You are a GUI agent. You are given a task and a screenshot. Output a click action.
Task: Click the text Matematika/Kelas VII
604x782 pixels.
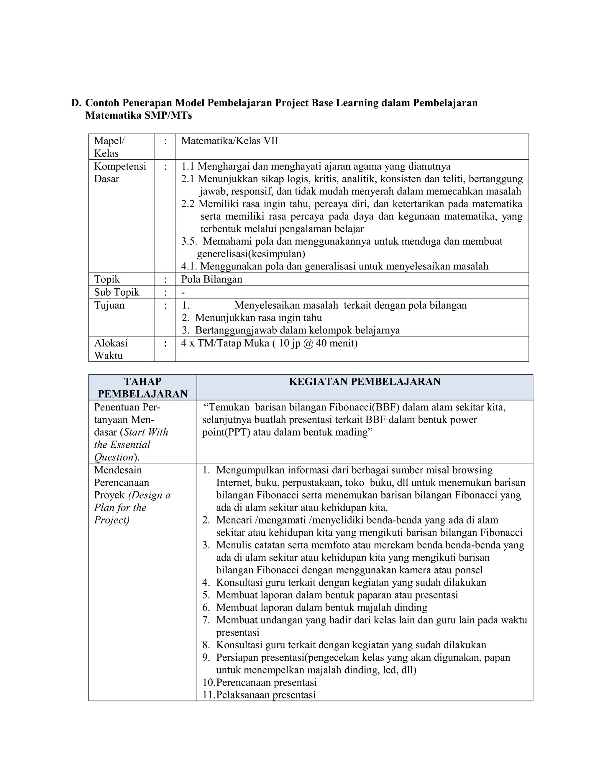click(x=229, y=141)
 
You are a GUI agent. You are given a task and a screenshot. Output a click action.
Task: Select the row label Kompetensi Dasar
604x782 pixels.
click(x=120, y=173)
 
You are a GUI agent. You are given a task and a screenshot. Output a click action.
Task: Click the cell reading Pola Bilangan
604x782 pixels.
click(x=211, y=279)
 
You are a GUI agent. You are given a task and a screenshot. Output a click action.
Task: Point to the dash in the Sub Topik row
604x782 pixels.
click(x=183, y=292)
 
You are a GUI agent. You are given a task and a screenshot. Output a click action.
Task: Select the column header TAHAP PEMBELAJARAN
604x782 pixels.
click(x=142, y=388)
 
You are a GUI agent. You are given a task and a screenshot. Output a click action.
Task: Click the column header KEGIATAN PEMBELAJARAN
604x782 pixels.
click(x=365, y=382)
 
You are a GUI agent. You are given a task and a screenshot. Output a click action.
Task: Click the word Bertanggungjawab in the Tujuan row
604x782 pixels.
click(x=236, y=330)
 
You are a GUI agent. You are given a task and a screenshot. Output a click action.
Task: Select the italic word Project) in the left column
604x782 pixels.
click(x=112, y=520)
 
